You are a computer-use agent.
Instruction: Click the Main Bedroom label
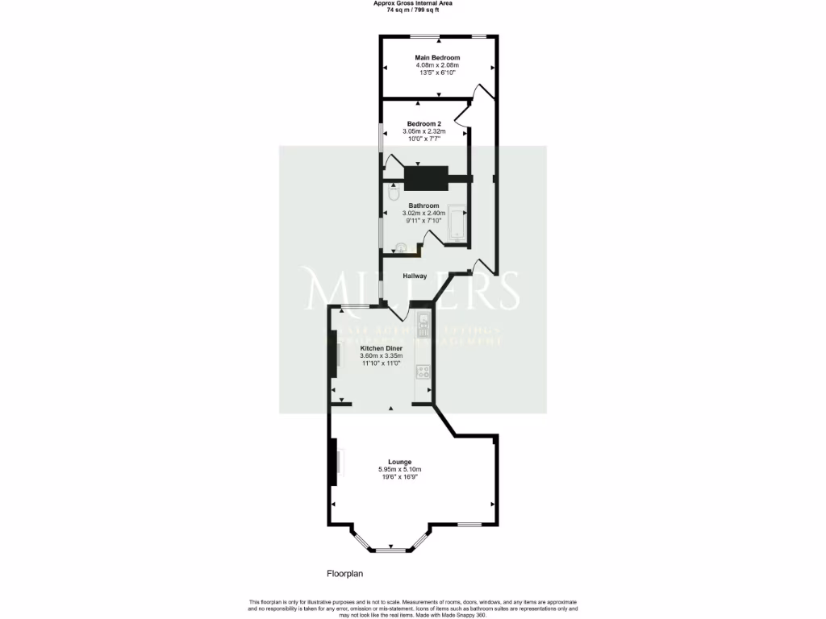coord(437,58)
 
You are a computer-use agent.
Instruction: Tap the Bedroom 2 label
coord(423,123)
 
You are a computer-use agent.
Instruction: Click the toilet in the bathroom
coord(394,194)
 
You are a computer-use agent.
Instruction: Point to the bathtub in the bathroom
coord(457,223)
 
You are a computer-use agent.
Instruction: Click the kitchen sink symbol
coord(424,326)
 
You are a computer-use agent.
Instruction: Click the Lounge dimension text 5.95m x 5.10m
coord(399,469)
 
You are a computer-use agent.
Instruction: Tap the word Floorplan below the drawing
coord(346,575)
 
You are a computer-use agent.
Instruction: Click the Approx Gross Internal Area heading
coord(412,3)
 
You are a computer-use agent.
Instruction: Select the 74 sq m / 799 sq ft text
coord(412,10)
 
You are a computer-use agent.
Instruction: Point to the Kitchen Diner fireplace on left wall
coord(332,355)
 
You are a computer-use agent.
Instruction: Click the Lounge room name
coord(399,462)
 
